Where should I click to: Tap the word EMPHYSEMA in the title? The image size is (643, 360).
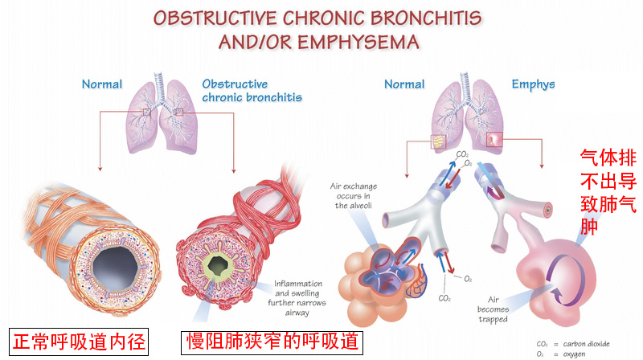pyautogui.click(x=355, y=41)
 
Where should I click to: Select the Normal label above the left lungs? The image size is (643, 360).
pyautogui.click(x=102, y=84)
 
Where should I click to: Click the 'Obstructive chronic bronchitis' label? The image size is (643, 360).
pyautogui.click(x=252, y=90)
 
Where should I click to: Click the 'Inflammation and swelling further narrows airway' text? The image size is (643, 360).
pyautogui.click(x=299, y=293)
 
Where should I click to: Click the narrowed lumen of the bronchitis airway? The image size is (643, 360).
pyautogui.click(x=215, y=264)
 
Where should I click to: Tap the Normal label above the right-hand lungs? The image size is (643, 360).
pyautogui.click(x=403, y=84)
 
